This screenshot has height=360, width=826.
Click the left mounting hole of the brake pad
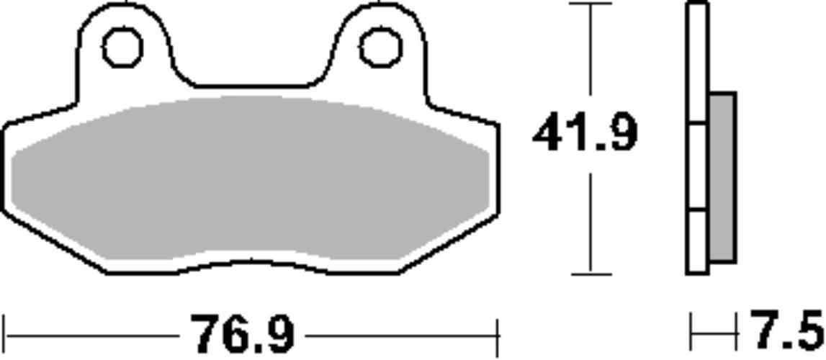click(122, 48)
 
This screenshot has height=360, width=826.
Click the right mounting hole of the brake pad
click(381, 48)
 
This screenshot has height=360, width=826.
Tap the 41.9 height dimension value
click(585, 132)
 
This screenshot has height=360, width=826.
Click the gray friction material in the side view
click(722, 177)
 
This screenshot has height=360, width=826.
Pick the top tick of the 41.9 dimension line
click(591, 4)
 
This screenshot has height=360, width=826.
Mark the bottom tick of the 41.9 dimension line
click(591, 274)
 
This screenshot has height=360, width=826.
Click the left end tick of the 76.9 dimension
click(5, 336)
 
